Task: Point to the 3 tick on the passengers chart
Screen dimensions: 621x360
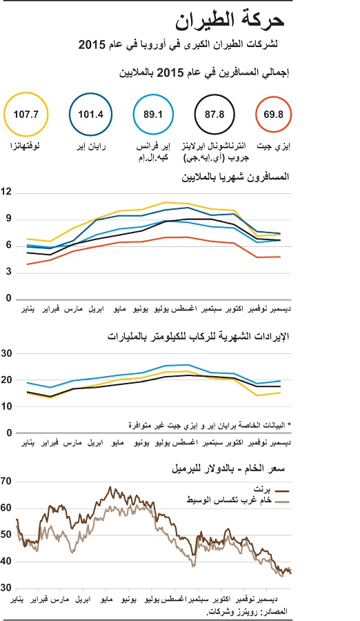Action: coord(8,273)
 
